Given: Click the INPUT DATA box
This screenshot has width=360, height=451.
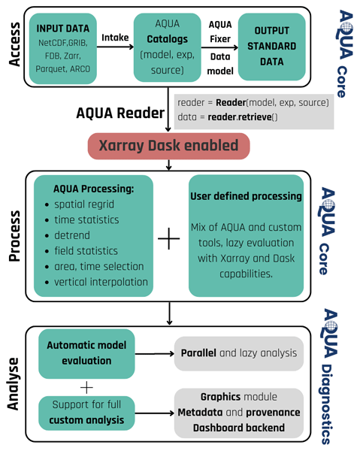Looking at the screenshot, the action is click(x=62, y=49).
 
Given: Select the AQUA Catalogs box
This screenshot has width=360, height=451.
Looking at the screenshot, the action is click(x=167, y=47).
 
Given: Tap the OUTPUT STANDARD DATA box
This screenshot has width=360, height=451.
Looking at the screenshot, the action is click(x=272, y=47).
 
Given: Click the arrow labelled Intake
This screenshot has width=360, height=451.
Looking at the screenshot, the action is click(x=115, y=47).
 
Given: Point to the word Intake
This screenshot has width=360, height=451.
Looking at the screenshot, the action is click(x=115, y=38).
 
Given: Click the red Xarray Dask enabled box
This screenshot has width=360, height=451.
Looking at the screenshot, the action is click(x=169, y=146).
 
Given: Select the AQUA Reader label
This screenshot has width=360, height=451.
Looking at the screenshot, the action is click(x=120, y=113).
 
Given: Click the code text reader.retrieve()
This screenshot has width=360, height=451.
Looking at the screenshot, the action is click(x=243, y=117).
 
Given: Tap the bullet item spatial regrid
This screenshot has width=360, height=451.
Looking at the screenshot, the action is click(x=84, y=204).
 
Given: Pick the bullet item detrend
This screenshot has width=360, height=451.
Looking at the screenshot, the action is click(x=72, y=235).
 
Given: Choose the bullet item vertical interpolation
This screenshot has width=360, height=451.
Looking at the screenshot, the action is click(x=101, y=282).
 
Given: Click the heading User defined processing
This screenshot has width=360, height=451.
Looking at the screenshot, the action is click(x=246, y=196).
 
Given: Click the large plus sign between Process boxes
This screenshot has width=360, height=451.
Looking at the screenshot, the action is click(x=169, y=238).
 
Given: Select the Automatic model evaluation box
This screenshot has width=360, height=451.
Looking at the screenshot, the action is click(x=86, y=354).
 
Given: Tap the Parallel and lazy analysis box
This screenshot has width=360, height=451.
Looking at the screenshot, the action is click(x=239, y=353).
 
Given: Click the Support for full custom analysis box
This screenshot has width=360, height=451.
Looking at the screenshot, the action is click(x=86, y=413).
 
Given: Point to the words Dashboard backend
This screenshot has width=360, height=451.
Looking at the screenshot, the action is click(x=239, y=428).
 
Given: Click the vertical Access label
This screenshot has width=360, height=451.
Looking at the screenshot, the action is click(x=14, y=44).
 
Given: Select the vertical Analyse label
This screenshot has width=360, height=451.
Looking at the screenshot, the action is click(x=13, y=383).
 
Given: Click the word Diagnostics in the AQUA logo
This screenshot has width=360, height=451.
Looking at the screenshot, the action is click(x=327, y=404).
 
